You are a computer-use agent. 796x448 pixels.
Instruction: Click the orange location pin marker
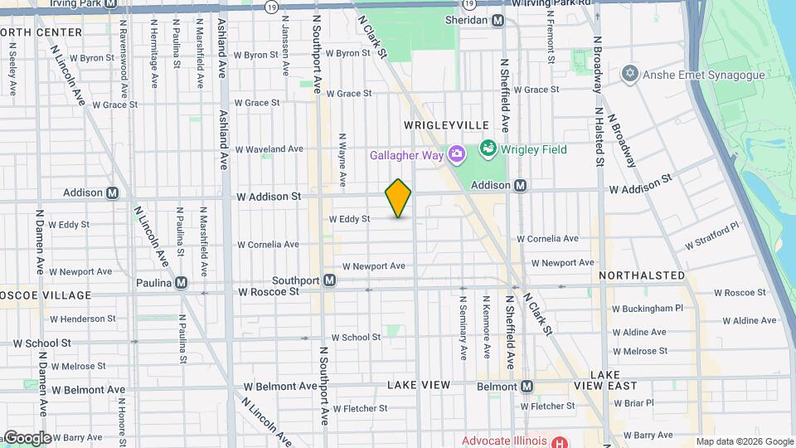[x=398, y=198]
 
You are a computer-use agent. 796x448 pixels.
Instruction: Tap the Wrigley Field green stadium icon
[x=488, y=150]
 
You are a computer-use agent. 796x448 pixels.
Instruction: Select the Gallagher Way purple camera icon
[x=456, y=154]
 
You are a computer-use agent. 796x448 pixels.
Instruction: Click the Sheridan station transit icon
[x=498, y=20]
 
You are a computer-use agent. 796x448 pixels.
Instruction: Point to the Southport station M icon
[x=330, y=280]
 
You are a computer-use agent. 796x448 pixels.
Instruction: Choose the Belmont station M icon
[x=527, y=386]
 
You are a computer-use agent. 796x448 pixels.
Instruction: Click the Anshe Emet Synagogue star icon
[x=629, y=75]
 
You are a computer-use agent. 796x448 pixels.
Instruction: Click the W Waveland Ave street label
[x=269, y=149]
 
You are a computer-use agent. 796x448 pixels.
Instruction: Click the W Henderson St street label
[x=83, y=319]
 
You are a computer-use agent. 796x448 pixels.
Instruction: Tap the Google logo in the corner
[x=27, y=438]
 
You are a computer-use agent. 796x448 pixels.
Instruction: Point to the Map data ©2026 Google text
[x=744, y=441]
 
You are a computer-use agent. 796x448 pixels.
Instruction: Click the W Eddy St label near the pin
[x=349, y=219]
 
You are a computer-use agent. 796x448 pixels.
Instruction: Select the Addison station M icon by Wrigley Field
[x=521, y=186]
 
